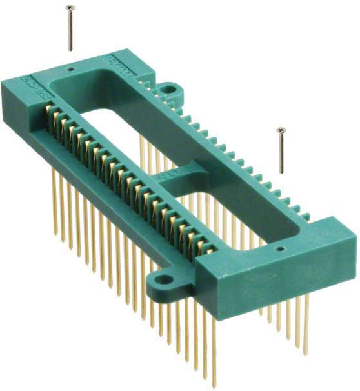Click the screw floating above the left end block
pos(70,28)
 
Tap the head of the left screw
pos(70,8)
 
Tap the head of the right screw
pos(280,130)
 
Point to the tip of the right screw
pos(281,172)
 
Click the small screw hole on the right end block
pos(278,246)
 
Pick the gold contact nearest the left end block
pos(54,117)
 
